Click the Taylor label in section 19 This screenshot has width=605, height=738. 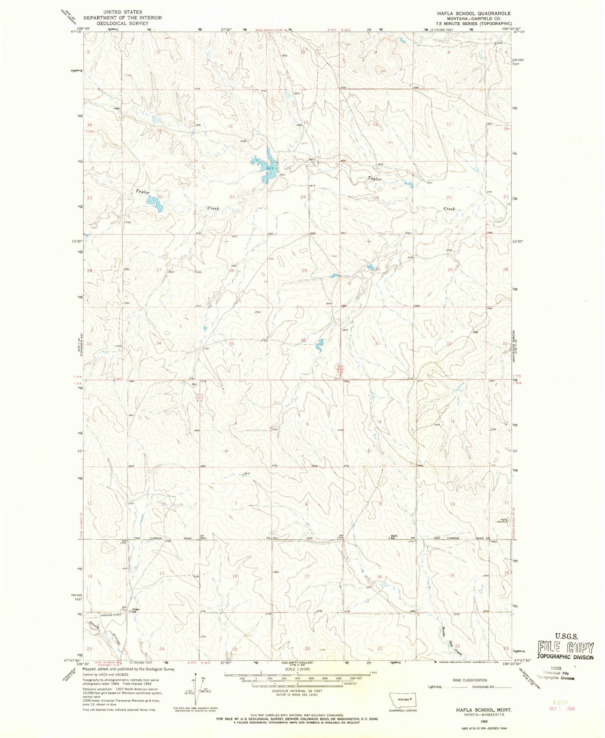coord(375,179)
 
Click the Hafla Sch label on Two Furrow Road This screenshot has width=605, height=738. coord(394,537)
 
